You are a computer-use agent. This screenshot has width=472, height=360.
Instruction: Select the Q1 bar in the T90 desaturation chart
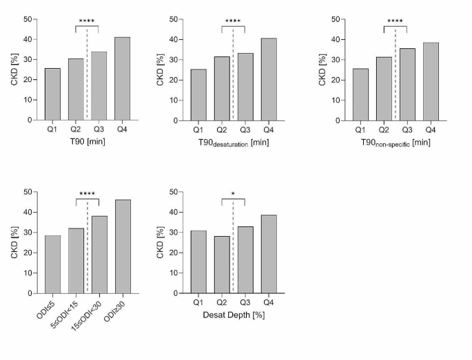[198, 94]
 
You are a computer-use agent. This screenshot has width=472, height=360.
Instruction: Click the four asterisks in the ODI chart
[88, 194]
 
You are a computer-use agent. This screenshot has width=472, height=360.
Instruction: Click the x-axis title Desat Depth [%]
[233, 315]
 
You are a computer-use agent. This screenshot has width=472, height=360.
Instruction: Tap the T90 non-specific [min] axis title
[396, 142]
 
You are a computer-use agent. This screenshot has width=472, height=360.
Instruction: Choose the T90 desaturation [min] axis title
[233, 142]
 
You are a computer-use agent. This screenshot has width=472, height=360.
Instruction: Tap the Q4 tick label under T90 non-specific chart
[431, 130]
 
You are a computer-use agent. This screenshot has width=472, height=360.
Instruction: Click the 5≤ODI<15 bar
[76, 261]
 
